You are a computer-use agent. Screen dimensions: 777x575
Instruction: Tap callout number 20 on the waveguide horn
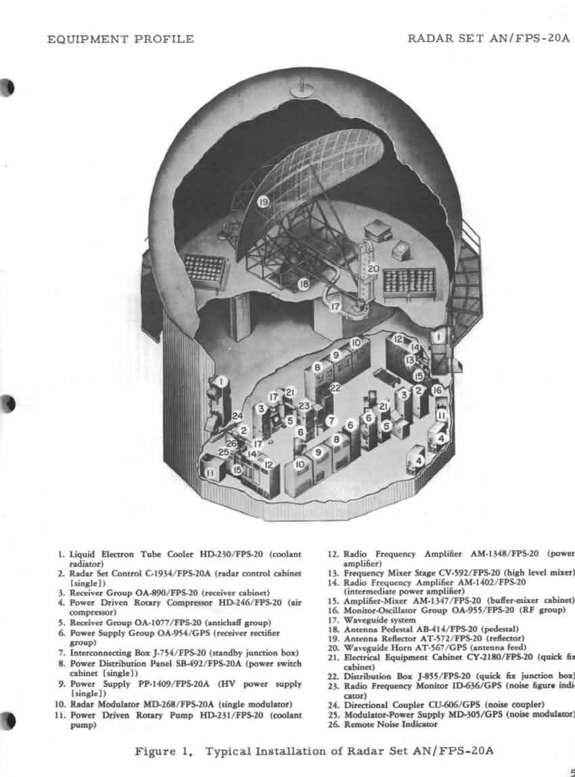(373, 268)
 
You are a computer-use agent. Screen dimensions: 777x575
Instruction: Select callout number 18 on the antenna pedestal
(304, 284)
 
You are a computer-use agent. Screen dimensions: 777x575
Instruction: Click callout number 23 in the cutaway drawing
(304, 405)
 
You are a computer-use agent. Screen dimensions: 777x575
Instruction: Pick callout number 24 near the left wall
(237, 416)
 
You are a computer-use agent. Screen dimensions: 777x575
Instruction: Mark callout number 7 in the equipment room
(331, 420)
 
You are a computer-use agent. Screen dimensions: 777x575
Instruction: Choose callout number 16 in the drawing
(437, 390)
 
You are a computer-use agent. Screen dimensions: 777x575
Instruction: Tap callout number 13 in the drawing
(409, 361)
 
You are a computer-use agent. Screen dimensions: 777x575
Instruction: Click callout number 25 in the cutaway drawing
(224, 451)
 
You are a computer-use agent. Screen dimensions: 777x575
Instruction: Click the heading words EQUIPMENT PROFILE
(120, 39)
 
